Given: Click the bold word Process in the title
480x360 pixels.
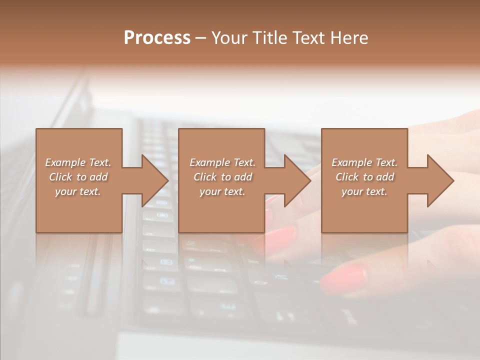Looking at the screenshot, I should [x=157, y=38].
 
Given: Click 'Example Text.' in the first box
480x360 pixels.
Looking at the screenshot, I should [x=78, y=162].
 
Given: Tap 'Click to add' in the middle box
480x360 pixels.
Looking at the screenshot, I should [x=222, y=177].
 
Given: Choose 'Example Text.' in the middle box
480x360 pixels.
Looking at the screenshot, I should [x=222, y=162].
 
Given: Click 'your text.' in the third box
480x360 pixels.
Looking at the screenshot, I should [x=364, y=191].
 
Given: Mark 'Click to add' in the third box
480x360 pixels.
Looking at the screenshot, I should [x=364, y=177].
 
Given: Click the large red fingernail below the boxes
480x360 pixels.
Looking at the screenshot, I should [x=344, y=279].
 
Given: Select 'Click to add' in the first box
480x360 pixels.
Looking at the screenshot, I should [x=78, y=177].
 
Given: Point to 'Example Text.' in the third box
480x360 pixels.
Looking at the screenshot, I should [x=364, y=162].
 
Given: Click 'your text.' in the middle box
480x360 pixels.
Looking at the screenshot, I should [x=222, y=191].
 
